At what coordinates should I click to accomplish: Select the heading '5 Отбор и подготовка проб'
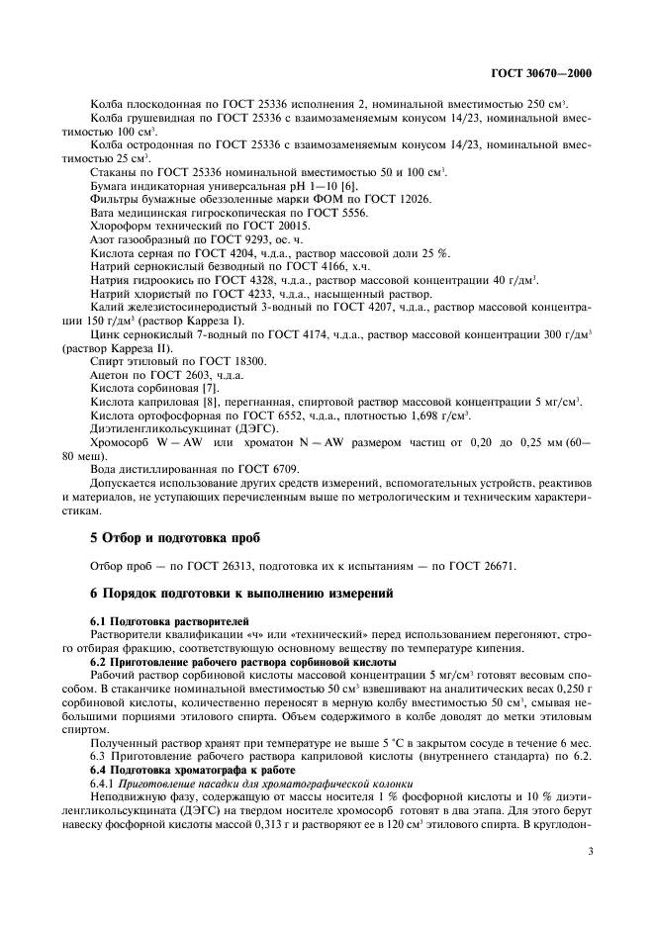coord(161,537)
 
